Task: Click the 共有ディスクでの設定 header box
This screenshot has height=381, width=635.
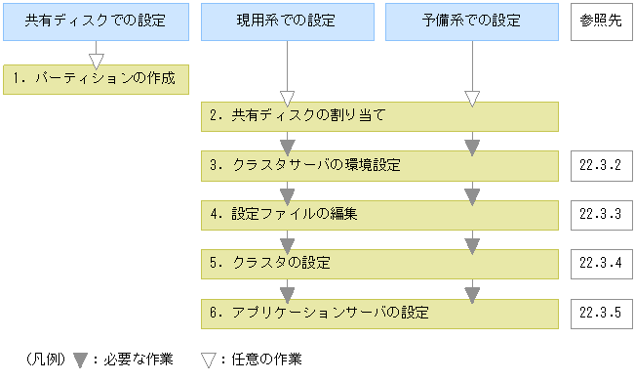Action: pyautogui.click(x=95, y=21)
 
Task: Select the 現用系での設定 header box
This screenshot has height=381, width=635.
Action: pyautogui.click(x=287, y=21)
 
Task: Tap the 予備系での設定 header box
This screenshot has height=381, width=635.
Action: pyautogui.click(x=472, y=21)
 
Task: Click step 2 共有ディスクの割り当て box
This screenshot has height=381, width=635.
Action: pyautogui.click(x=379, y=116)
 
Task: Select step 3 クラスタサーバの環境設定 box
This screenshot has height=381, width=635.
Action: pyautogui.click(x=379, y=165)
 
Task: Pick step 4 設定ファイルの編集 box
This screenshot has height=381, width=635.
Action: pyautogui.click(x=379, y=214)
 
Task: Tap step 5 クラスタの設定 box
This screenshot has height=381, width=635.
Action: pyautogui.click(x=379, y=264)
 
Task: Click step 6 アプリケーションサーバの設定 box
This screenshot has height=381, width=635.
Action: pyautogui.click(x=379, y=313)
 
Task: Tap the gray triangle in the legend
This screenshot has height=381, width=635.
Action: pyautogui.click(x=81, y=360)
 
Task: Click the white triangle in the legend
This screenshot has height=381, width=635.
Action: pyautogui.click(x=208, y=360)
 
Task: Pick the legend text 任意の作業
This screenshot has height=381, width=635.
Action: pyautogui.click(x=262, y=360)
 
